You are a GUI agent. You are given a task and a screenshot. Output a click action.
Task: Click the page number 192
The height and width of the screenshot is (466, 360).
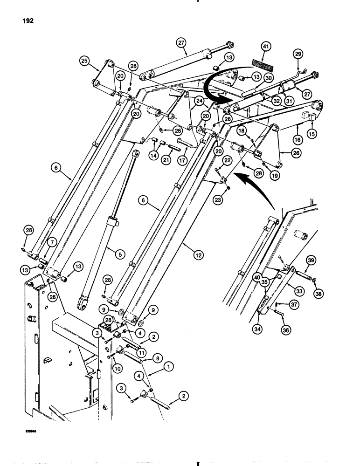(26, 21)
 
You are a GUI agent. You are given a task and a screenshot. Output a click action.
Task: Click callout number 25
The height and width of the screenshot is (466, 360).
(84, 61)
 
